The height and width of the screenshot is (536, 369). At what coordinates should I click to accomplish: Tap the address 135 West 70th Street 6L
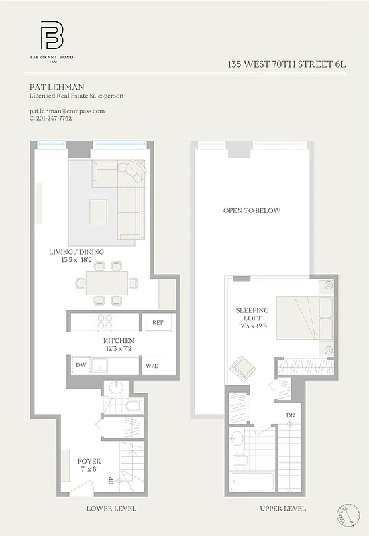(x=286, y=65)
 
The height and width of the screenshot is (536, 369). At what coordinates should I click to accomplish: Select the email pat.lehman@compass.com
(x=67, y=111)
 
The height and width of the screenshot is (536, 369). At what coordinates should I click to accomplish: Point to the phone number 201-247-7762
(x=54, y=119)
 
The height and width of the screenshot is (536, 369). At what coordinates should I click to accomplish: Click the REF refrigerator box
(x=158, y=322)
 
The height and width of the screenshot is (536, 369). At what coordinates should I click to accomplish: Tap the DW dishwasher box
(x=81, y=365)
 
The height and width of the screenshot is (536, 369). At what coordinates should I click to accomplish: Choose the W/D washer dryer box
(x=153, y=366)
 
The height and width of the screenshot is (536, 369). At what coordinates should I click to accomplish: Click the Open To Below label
(x=252, y=211)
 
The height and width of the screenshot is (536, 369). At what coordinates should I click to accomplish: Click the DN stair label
(x=290, y=416)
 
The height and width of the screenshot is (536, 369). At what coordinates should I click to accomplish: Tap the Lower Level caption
(x=111, y=509)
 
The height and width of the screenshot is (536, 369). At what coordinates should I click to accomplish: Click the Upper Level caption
(x=283, y=509)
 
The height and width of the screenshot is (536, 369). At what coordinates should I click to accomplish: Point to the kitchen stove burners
(x=105, y=321)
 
